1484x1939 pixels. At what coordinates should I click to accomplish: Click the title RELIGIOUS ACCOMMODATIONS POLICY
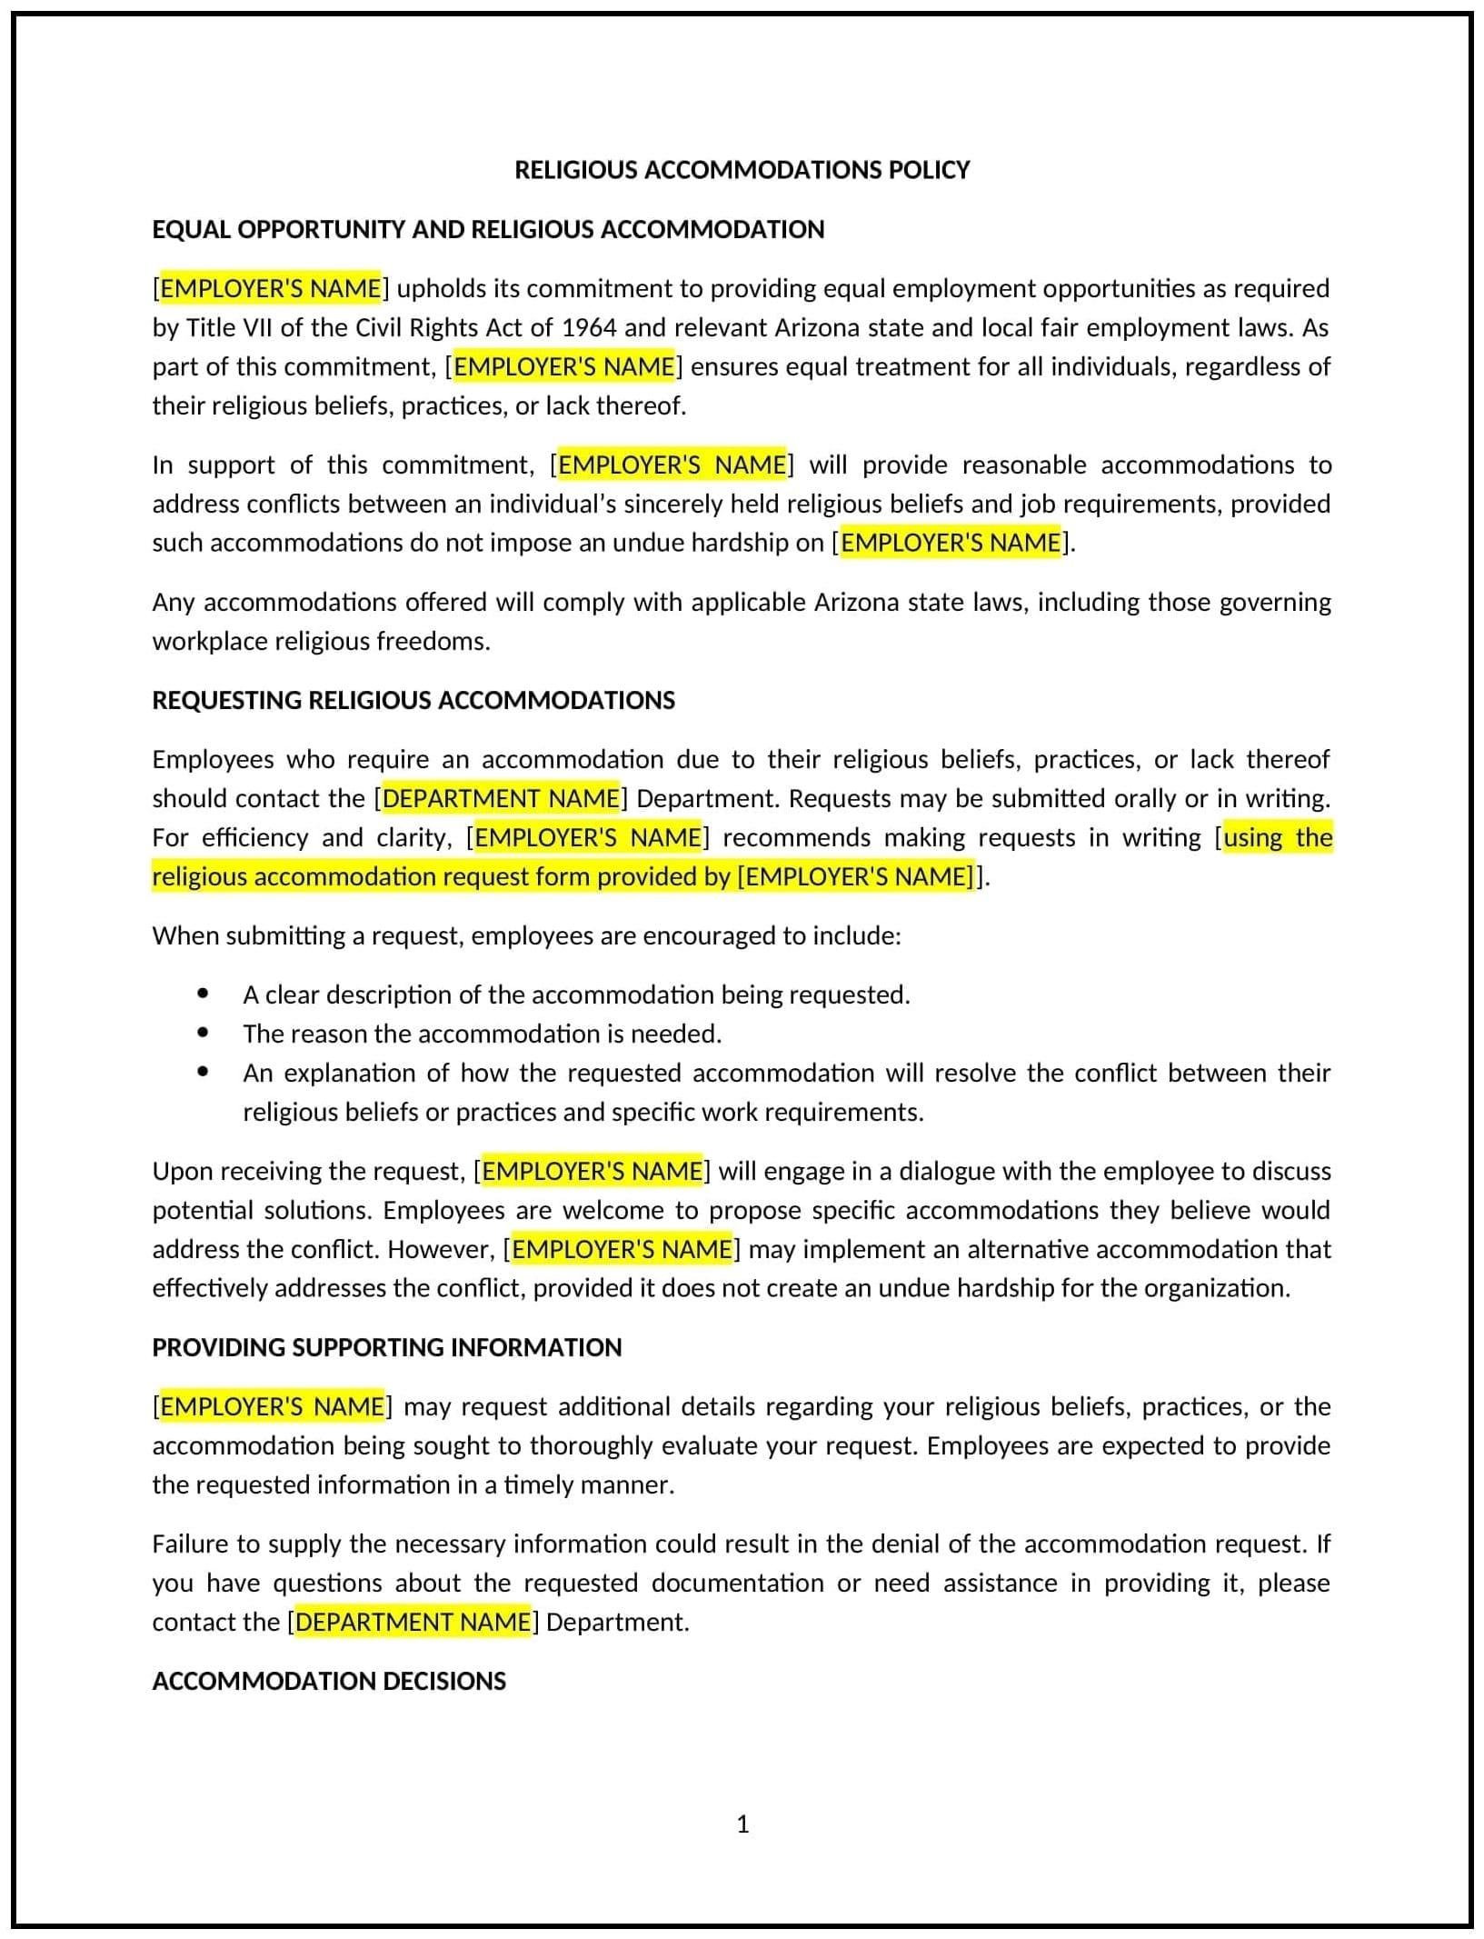pos(742,170)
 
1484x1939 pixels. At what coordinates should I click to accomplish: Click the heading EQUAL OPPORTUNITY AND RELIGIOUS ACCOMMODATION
pos(488,229)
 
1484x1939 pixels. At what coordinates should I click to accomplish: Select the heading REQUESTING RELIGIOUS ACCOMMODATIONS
pos(413,700)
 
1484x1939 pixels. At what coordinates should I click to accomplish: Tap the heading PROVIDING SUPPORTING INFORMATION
pos(387,1347)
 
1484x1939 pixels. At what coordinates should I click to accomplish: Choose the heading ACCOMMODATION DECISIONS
pos(329,1681)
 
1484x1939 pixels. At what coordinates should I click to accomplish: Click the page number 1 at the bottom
pos(742,1824)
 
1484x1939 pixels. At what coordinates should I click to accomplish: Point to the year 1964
pos(589,327)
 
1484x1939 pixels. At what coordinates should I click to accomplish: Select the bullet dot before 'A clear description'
pos(203,994)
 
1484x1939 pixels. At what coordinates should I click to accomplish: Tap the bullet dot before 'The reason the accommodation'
pos(203,1034)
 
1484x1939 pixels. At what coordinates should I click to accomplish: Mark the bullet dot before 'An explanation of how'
pos(203,1073)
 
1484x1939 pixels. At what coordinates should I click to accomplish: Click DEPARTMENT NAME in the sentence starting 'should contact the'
pos(501,798)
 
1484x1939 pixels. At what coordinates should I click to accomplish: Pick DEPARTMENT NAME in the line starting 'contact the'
pos(413,1622)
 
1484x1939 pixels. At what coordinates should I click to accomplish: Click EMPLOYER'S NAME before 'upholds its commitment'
pos(271,288)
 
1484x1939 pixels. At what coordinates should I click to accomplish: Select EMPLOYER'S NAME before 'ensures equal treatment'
pos(563,366)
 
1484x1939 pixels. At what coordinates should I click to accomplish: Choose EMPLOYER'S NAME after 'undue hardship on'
pos(951,543)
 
